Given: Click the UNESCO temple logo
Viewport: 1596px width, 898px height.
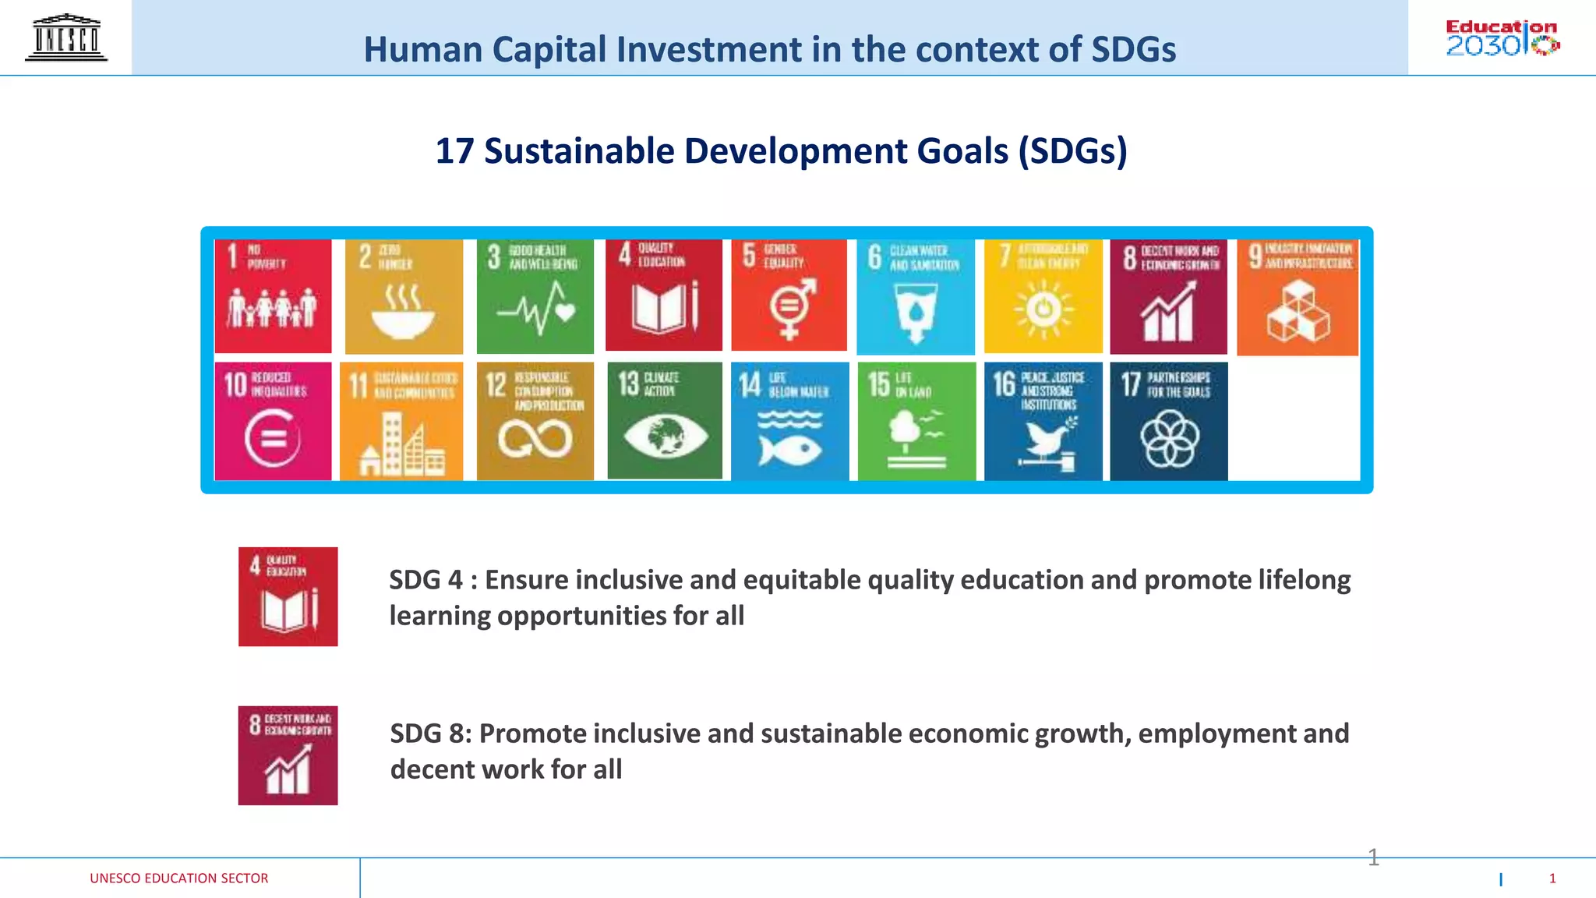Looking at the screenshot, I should coord(66,37).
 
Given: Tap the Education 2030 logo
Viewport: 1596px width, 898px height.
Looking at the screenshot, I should coord(1502,37).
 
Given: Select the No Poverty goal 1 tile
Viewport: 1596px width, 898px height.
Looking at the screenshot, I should coord(273,296).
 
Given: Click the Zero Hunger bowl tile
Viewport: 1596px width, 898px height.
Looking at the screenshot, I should coord(404,296).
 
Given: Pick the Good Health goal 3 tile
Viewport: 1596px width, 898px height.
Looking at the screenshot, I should coord(535,296).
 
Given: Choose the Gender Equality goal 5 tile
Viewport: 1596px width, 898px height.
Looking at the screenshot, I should coord(789,296).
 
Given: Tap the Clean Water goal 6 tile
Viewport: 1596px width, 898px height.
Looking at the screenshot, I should coord(916,296).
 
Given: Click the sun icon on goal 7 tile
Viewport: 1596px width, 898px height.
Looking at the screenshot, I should coord(1043,310).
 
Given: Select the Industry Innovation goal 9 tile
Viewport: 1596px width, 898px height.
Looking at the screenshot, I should coord(1298,296).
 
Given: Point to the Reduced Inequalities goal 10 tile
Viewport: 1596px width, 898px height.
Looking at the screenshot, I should coord(273,421).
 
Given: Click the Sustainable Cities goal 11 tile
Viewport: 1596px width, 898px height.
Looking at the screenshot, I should coord(401,421).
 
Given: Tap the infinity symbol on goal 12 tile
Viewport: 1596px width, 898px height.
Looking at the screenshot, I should coord(535,439).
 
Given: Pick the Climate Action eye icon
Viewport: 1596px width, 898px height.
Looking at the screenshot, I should coord(665,436).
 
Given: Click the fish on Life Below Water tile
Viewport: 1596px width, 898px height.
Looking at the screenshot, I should coord(790,449).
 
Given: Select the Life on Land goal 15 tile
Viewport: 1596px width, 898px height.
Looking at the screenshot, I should coord(916,421).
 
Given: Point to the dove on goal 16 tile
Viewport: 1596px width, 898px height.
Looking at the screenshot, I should coord(1045,441).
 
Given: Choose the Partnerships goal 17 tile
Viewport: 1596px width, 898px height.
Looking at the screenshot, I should coord(1169,421).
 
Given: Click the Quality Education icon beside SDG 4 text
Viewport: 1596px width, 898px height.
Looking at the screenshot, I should coord(288,596).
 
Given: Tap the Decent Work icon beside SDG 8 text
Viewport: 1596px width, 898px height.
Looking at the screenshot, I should coord(288,755).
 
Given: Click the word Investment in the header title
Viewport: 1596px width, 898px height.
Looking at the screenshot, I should coord(708,49).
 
